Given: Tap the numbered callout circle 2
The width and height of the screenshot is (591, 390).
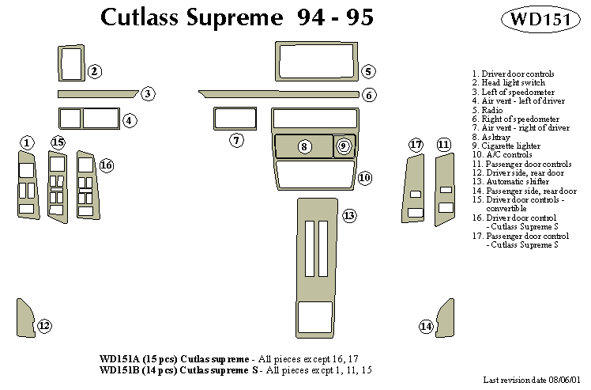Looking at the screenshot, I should coord(94,72).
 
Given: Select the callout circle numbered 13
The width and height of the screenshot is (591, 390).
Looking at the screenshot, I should coord(348,216).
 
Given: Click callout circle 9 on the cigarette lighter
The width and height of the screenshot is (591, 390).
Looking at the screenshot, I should coord(343,146).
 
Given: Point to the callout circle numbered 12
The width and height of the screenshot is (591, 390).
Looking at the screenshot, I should coord(44,325).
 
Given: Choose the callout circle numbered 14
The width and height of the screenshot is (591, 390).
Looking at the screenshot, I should coord(427,326).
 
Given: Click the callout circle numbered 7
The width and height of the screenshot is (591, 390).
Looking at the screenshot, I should coord(237,141).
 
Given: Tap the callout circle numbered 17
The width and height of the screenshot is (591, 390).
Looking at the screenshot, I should coord(416,144).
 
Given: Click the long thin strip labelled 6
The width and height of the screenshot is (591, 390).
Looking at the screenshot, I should coord(280,94).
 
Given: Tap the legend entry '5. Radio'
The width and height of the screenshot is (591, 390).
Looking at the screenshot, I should coord(491,110).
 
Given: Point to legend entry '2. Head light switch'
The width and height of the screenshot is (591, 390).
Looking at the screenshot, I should coord(508,83).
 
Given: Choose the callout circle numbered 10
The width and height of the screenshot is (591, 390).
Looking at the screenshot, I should coord(364,178).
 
